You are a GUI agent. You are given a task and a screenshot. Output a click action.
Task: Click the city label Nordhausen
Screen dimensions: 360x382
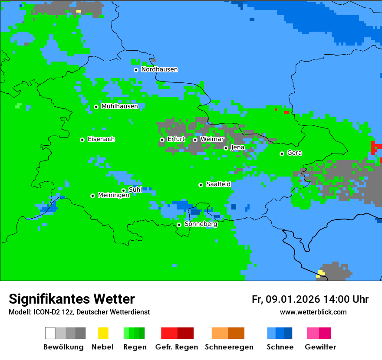point(159,69)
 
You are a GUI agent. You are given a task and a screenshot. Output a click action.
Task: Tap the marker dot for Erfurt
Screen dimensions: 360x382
point(162,140)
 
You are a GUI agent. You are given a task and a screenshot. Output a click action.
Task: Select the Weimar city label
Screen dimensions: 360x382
point(212,139)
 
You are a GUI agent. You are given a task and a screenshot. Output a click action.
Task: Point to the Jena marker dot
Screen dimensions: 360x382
point(226,148)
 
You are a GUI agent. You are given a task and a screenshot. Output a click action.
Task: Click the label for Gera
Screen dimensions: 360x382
point(294,153)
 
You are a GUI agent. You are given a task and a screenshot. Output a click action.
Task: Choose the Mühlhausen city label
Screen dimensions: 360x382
point(119,106)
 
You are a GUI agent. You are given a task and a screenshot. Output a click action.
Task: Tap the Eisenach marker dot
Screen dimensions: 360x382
point(82,140)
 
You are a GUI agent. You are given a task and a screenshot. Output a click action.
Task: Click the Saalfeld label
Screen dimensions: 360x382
point(218,184)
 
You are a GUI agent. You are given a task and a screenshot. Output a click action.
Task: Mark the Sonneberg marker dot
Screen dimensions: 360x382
point(179,225)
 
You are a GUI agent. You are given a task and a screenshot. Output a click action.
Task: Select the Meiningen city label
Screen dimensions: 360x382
point(113,196)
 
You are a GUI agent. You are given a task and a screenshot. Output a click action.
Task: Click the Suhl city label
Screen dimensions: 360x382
point(135,190)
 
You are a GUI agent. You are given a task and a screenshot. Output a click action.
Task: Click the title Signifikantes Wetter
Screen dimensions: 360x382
point(72,299)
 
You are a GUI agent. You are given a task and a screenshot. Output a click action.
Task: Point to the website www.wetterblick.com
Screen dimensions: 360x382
point(313,312)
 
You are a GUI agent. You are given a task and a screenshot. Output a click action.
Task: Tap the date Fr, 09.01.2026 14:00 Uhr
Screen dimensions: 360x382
point(310,299)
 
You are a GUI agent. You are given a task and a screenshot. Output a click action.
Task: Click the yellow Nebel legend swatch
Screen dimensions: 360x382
point(103,333)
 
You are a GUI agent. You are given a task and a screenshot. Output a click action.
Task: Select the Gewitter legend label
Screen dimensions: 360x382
point(320,347)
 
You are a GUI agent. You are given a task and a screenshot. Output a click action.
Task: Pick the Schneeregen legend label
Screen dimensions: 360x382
point(229,347)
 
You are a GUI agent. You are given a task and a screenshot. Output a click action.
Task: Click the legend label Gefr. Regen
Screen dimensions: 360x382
point(176,347)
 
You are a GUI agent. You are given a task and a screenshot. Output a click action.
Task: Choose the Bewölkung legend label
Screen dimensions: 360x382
point(63,347)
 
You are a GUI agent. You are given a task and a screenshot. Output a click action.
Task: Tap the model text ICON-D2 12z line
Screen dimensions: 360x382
point(79,312)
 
